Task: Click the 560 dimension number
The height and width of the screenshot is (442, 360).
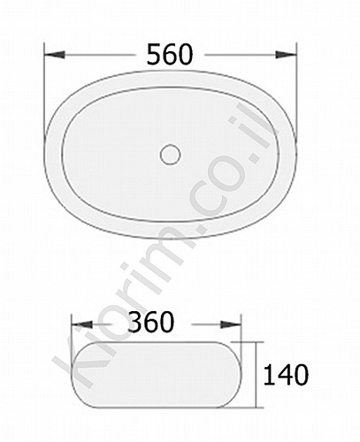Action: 170,55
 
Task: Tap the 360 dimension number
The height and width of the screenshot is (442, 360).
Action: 151,323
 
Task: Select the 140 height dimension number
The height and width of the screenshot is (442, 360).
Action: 286,375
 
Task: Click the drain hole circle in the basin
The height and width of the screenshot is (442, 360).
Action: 171,155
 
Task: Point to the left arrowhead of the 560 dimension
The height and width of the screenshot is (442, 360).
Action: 54,55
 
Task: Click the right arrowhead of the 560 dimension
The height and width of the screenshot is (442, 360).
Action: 286,55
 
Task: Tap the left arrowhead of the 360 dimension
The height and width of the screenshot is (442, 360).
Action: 82,324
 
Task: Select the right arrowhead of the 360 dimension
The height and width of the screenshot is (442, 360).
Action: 231,324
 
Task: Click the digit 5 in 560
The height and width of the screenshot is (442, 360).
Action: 154,55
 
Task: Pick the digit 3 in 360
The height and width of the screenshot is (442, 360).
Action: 136,323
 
